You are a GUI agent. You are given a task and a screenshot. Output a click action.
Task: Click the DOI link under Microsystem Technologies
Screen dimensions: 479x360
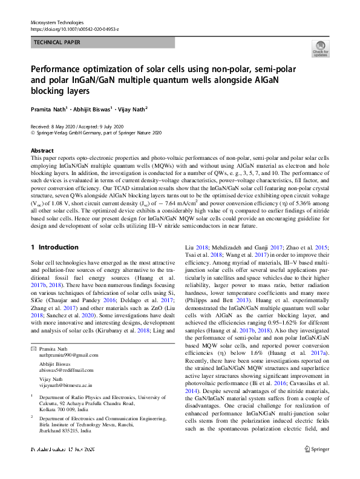pos(74,28)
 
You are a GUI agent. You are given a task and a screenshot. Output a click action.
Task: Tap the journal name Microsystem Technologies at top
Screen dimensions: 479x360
pos(57,21)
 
